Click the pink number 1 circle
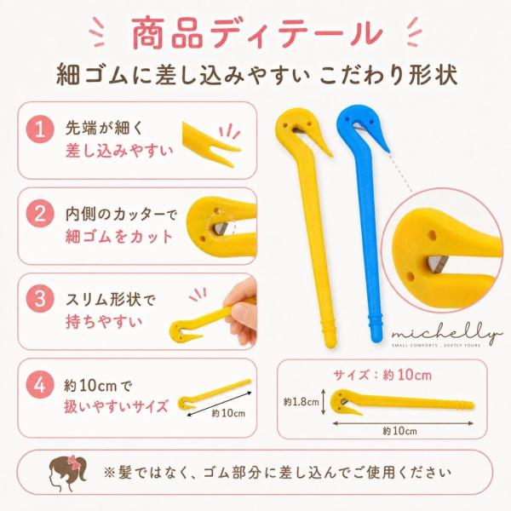tap(40, 129)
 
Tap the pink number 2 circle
tap(40, 214)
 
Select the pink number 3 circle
tap(40, 299)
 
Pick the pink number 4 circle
tap(40, 385)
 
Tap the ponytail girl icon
tap(68, 474)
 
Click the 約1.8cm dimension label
tap(301, 402)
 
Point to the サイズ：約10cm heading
tap(382, 376)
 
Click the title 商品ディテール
tap(256, 33)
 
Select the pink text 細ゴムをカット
tap(119, 237)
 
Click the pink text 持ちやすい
tap(104, 322)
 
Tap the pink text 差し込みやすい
tap(119, 151)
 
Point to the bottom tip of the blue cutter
tap(376, 342)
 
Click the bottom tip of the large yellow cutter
tap(330, 347)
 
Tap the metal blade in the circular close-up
tap(436, 263)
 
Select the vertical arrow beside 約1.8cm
tap(324, 402)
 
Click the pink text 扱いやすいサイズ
tap(116, 407)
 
